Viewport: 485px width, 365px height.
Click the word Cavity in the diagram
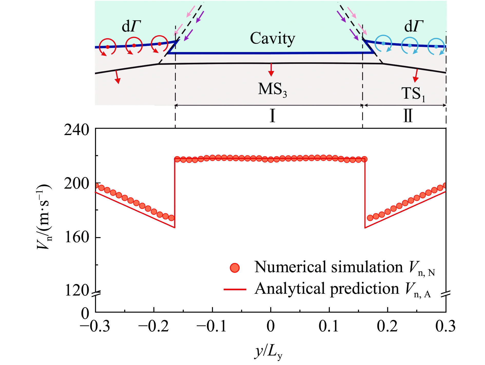pos(273,39)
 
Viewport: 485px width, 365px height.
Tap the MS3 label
pos(272,89)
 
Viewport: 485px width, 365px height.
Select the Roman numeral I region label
pos(273,116)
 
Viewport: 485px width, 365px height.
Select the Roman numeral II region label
pos(408,116)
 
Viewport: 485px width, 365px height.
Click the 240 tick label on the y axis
pos(76,130)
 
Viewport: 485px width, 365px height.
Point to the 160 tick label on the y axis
pos(76,237)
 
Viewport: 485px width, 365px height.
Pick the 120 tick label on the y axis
pos(76,291)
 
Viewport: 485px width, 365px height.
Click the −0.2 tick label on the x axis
pos(153,327)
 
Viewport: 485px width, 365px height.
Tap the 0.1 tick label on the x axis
pos(329,327)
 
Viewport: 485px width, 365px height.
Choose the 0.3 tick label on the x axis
pos(445,327)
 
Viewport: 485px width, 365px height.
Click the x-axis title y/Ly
pos(268,352)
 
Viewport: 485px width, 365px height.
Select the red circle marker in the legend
pos(235,268)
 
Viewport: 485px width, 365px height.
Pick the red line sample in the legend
pos(235,289)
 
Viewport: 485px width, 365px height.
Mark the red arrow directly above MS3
pos(271,70)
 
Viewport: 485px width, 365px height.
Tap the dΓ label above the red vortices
pos(131,26)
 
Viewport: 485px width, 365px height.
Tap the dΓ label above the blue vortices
pos(414,26)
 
